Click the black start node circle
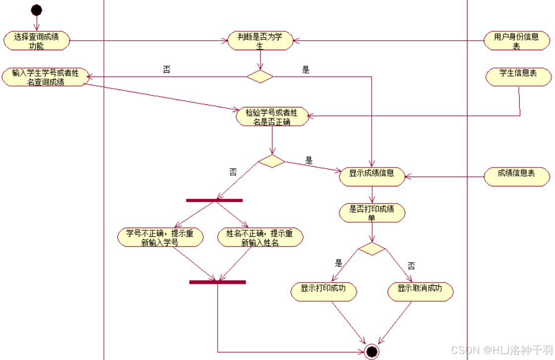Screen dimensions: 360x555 coord(36,10)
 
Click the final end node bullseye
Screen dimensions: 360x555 coord(371,352)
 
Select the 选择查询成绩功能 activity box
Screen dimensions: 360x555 coord(36,41)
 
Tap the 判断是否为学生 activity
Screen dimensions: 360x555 coord(260,41)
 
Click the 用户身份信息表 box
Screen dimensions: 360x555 coord(516,41)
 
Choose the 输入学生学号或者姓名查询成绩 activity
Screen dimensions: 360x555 coord(45,77)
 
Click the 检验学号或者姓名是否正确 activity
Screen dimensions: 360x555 coord(272,116)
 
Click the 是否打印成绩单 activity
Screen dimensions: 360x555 coord(372,213)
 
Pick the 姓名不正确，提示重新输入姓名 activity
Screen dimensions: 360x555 coord(260,238)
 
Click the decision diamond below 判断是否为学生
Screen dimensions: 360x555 coord(260,77)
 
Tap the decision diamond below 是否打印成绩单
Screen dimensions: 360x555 coord(372,249)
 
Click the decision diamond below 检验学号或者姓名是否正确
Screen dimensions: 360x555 coord(272,161)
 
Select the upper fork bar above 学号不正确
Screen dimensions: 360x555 coord(214,200)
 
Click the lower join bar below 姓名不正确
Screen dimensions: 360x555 coord(218,282)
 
